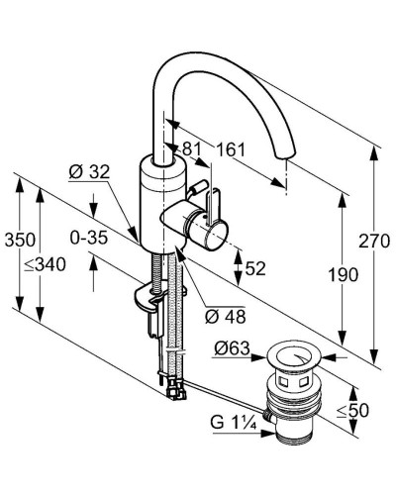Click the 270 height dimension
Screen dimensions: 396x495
point(374,242)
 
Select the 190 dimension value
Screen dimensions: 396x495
point(343,275)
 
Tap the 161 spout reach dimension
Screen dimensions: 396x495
point(231,149)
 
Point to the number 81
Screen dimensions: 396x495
point(192,149)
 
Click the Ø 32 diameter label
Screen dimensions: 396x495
point(89,172)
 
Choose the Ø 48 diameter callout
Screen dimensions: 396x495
point(226,317)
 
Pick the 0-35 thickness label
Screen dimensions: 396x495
point(89,238)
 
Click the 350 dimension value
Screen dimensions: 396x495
point(20,240)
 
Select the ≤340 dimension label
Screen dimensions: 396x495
point(46,264)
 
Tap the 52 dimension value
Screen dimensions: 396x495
point(255,268)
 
